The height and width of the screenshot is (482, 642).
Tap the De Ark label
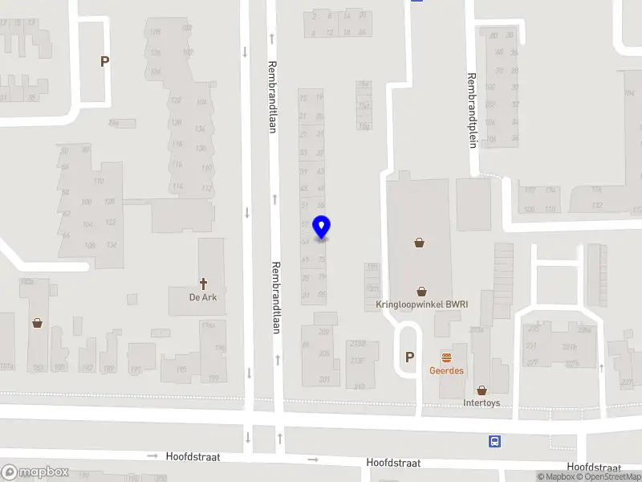point(203,297)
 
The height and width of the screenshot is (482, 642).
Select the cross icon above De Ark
point(204,283)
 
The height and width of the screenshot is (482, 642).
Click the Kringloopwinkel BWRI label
point(421,305)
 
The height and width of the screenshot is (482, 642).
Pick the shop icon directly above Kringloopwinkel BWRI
point(421,291)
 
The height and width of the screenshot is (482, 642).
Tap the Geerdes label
point(446,370)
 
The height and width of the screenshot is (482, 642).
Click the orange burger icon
point(446,357)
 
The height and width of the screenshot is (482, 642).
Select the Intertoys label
point(481,402)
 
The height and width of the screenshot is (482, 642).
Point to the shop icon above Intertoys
point(481,390)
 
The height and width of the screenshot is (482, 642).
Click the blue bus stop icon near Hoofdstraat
point(495,441)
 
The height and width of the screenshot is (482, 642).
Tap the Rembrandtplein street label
point(472,111)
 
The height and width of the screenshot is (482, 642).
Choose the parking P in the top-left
point(104,60)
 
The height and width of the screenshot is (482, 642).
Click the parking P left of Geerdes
point(410,357)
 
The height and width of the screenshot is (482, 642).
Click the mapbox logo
point(35,472)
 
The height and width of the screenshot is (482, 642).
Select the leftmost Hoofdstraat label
point(193,456)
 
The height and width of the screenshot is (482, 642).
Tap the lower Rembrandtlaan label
point(276,297)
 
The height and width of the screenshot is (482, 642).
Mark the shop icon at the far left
point(37,323)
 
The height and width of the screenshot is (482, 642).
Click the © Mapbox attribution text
point(555,477)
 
